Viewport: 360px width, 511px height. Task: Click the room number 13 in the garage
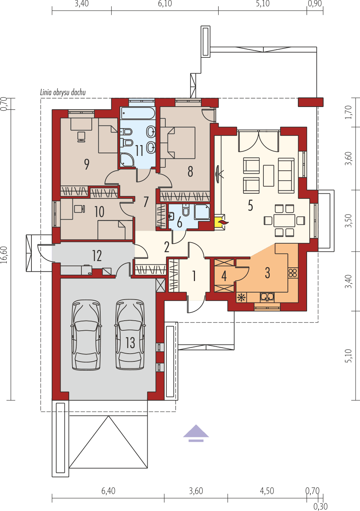click(x=130, y=343)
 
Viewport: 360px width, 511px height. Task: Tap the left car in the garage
click(x=86, y=334)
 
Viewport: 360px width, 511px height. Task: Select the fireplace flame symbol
click(x=223, y=222)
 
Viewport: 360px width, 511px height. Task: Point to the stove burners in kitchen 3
click(x=293, y=273)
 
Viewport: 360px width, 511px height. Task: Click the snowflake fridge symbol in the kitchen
click(x=241, y=297)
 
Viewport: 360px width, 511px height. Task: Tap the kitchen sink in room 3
click(x=267, y=296)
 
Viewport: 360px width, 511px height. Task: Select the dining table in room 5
click(x=284, y=221)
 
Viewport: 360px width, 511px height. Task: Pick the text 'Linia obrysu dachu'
click(x=63, y=92)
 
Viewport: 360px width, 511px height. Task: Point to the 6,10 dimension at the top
click(x=165, y=4)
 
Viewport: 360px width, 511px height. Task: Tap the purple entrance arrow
click(x=196, y=433)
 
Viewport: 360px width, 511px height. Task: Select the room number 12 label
click(x=97, y=256)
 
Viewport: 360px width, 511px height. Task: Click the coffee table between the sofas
click(x=269, y=176)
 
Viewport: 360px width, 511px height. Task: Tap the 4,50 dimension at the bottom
click(x=267, y=491)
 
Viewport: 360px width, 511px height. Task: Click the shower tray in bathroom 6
click(x=202, y=212)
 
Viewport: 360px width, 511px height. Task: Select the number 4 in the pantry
click(x=224, y=276)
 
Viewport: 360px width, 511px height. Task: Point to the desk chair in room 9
click(x=81, y=136)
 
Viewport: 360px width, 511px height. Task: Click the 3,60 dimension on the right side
click(x=348, y=158)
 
